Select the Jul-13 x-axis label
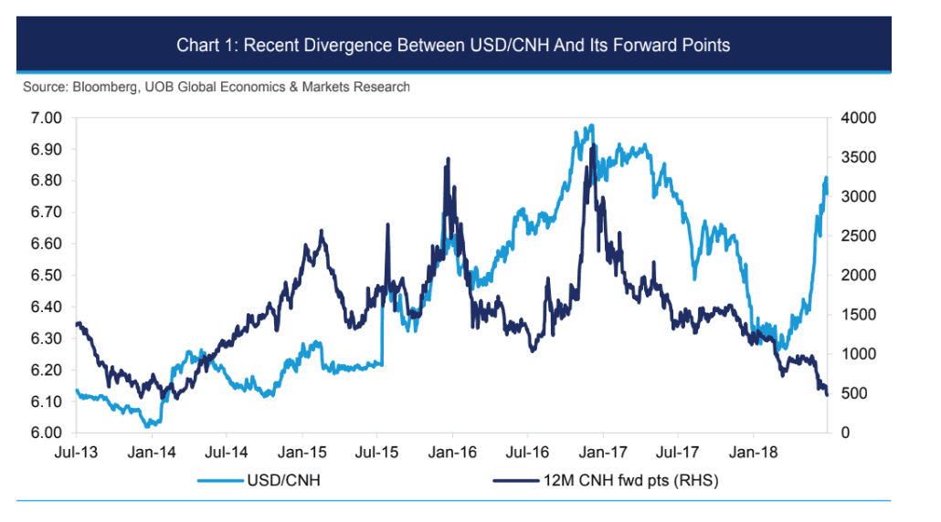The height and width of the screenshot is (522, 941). [x=77, y=452]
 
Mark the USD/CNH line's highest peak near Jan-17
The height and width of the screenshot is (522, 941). [x=592, y=125]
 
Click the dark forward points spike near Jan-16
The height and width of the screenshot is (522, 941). [x=448, y=159]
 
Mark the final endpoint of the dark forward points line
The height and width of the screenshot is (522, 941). [x=827, y=394]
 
